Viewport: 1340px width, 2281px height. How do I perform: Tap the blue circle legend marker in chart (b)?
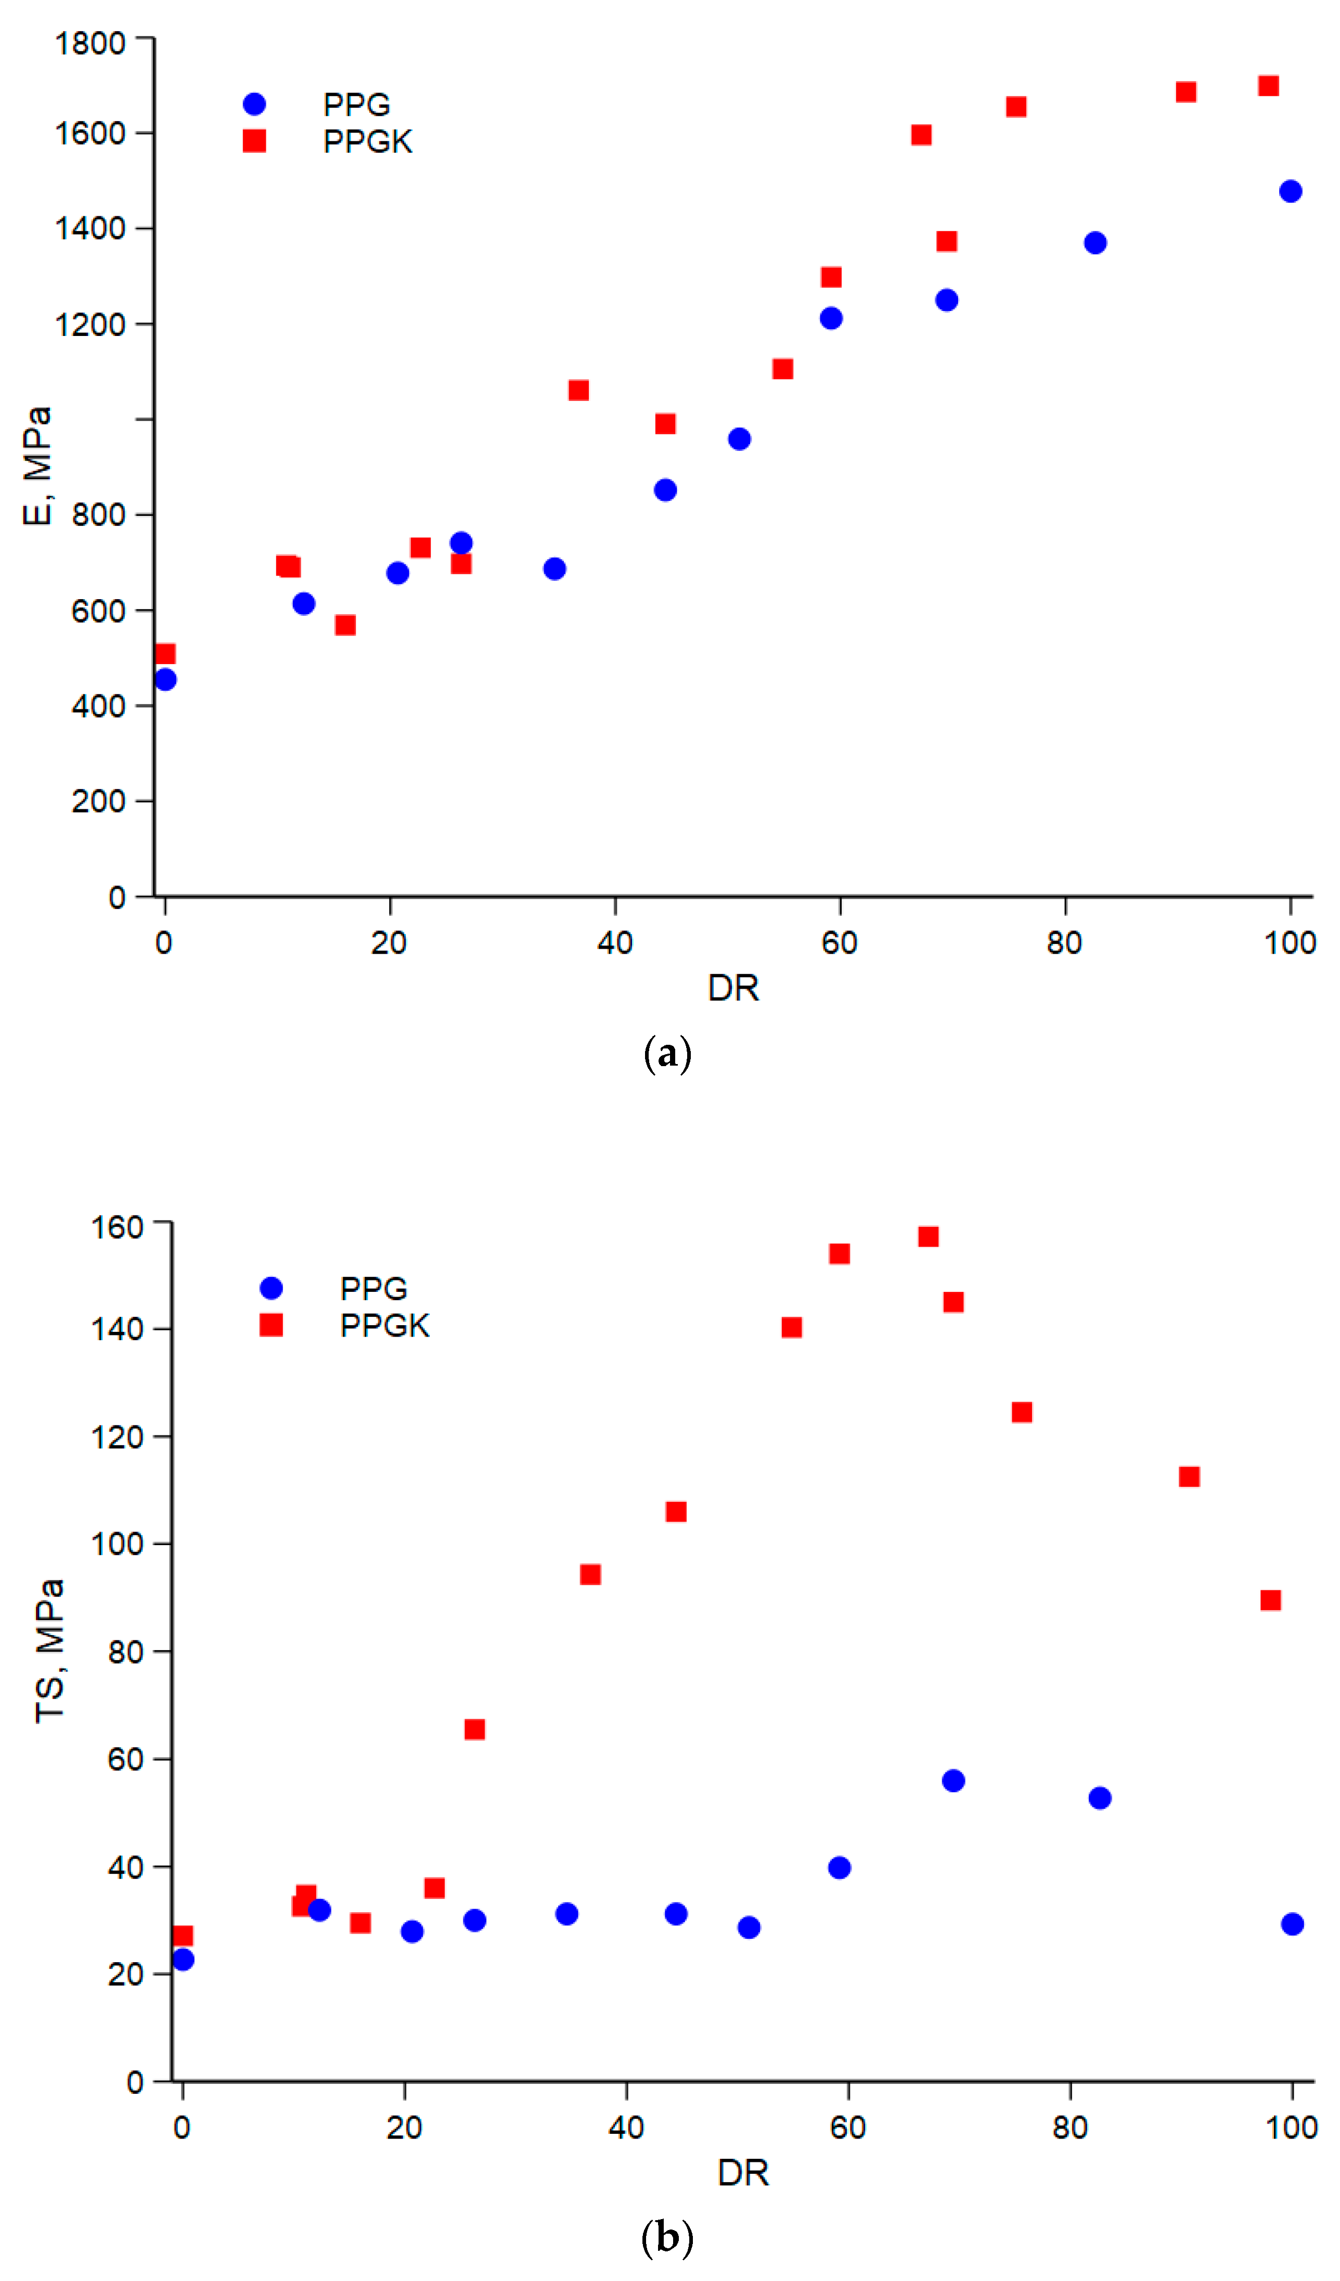coord(270,1288)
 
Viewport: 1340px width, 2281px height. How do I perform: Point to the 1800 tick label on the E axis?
coord(89,44)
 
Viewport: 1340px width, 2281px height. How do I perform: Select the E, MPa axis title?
coord(37,466)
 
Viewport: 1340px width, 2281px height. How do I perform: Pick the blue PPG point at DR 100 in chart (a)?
coord(1290,191)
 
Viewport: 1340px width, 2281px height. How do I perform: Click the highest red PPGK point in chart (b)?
coord(928,1236)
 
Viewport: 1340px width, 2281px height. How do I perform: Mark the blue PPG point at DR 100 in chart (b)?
coord(1292,1924)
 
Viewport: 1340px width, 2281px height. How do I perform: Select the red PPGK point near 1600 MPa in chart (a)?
coord(921,135)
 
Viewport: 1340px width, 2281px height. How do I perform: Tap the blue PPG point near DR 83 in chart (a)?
coord(1094,242)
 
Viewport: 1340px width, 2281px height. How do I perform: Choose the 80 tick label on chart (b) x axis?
coord(1070,2127)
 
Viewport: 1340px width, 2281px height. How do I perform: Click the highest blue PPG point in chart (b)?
coord(954,1781)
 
